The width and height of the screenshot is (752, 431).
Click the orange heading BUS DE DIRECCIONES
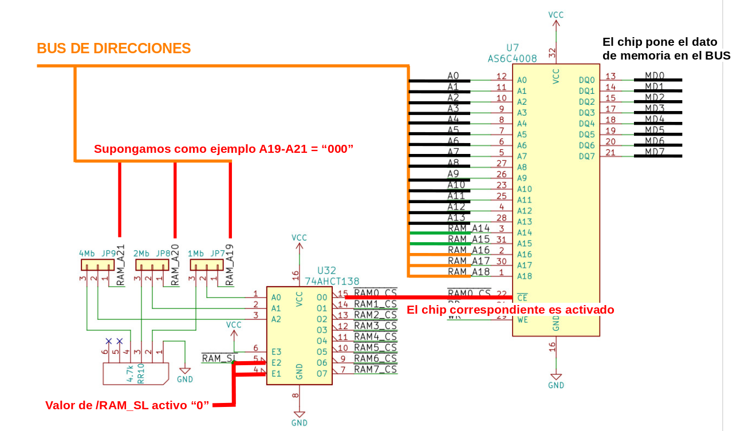tap(113, 49)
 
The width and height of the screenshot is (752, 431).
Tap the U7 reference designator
tap(513, 48)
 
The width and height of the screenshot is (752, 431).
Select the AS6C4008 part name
tap(513, 58)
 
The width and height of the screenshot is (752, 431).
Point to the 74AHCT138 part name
tap(332, 281)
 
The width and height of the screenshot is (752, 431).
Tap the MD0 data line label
tap(655, 76)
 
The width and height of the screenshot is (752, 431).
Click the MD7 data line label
tap(655, 152)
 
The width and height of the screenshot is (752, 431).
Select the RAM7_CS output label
tap(375, 369)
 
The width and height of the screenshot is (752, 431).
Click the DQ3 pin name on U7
tap(587, 113)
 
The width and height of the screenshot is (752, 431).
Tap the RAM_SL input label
tap(218, 359)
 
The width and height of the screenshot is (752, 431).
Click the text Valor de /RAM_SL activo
tap(127, 405)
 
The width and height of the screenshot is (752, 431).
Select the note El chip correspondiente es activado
tap(510, 310)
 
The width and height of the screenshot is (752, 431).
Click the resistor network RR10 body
tap(136, 373)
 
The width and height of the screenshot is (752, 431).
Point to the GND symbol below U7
tap(556, 379)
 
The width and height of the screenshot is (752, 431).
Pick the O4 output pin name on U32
tap(321, 341)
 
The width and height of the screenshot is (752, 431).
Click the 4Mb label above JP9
tap(87, 253)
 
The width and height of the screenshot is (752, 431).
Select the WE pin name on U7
tap(522, 320)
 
